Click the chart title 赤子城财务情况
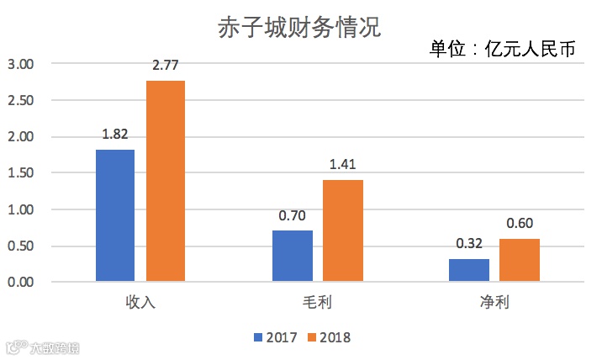click(300, 27)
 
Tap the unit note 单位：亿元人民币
click(502, 49)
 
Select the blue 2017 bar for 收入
click(115, 214)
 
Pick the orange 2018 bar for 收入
click(166, 180)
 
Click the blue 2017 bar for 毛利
click(292, 255)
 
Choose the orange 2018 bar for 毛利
click(342, 230)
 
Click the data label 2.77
click(166, 65)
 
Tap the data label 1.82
click(115, 134)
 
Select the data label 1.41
click(342, 164)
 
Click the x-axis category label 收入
click(140, 302)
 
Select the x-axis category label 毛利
click(317, 302)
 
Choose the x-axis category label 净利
click(494, 302)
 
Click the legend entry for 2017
click(273, 337)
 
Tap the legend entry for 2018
click(327, 337)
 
